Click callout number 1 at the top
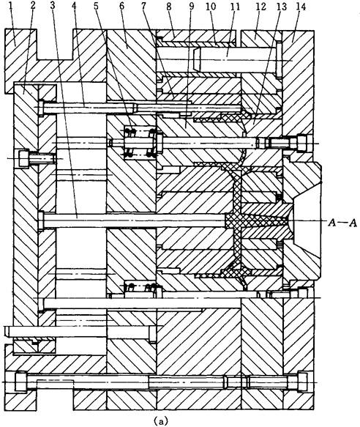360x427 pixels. click(11, 6)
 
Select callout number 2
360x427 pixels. click(33, 6)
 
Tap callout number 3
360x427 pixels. click(53, 6)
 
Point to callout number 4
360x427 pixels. click(75, 6)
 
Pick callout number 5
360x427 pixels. click(96, 6)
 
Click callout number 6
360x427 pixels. click(121, 6)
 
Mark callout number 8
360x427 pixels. click(169, 6)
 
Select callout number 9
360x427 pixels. click(192, 6)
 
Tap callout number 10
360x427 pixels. click(211, 6)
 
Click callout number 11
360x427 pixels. click(235, 6)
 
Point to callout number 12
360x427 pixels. click(260, 6)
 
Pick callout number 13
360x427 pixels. click(282, 6)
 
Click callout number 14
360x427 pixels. click(301, 6)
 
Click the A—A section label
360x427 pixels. click(342, 223)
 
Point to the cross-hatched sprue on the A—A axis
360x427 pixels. click(257, 220)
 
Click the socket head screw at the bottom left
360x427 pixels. click(21, 382)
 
